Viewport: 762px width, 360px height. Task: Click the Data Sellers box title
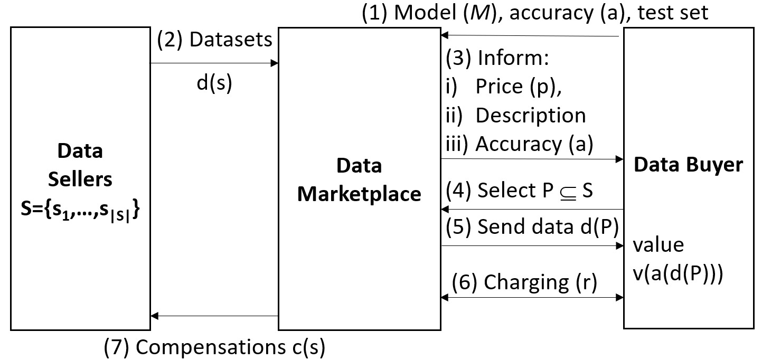coord(80,165)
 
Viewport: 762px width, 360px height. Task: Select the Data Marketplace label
coord(359,180)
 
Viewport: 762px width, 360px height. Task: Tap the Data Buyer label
coord(688,165)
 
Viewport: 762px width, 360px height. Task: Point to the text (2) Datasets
coord(214,41)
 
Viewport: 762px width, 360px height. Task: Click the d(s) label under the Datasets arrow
coord(214,84)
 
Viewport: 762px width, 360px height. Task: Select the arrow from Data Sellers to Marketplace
coord(214,63)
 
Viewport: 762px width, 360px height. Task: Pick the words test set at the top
coord(673,13)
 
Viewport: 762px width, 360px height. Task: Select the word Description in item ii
coord(531,116)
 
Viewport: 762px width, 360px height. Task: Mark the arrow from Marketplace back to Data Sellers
coord(214,316)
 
